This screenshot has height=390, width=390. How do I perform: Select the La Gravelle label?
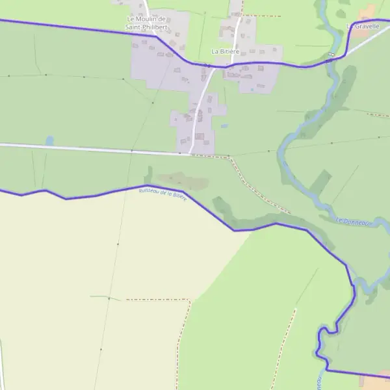pyautogui.click(x=363, y=26)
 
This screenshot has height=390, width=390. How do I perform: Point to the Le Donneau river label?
pyautogui.click(x=352, y=222)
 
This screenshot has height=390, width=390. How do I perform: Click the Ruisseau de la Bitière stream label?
pyautogui.click(x=163, y=194)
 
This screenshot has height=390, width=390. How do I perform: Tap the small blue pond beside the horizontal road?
pyautogui.click(x=49, y=140)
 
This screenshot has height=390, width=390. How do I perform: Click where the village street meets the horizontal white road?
pyautogui.click(x=189, y=153)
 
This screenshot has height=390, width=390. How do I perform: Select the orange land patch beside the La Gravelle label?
pyautogui.click(x=367, y=12)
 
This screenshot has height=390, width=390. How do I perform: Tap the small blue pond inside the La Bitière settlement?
pyautogui.click(x=248, y=90)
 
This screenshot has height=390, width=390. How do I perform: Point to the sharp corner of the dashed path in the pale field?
pyautogui.click(x=189, y=300)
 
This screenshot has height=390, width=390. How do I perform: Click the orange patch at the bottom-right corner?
pyautogui.click(x=376, y=382)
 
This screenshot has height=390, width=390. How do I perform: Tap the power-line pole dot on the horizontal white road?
pyautogui.click(x=132, y=151)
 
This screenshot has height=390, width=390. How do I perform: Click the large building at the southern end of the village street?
pyautogui.click(x=200, y=136)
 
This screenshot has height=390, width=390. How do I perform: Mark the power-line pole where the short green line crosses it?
pyautogui.click(x=109, y=298)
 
